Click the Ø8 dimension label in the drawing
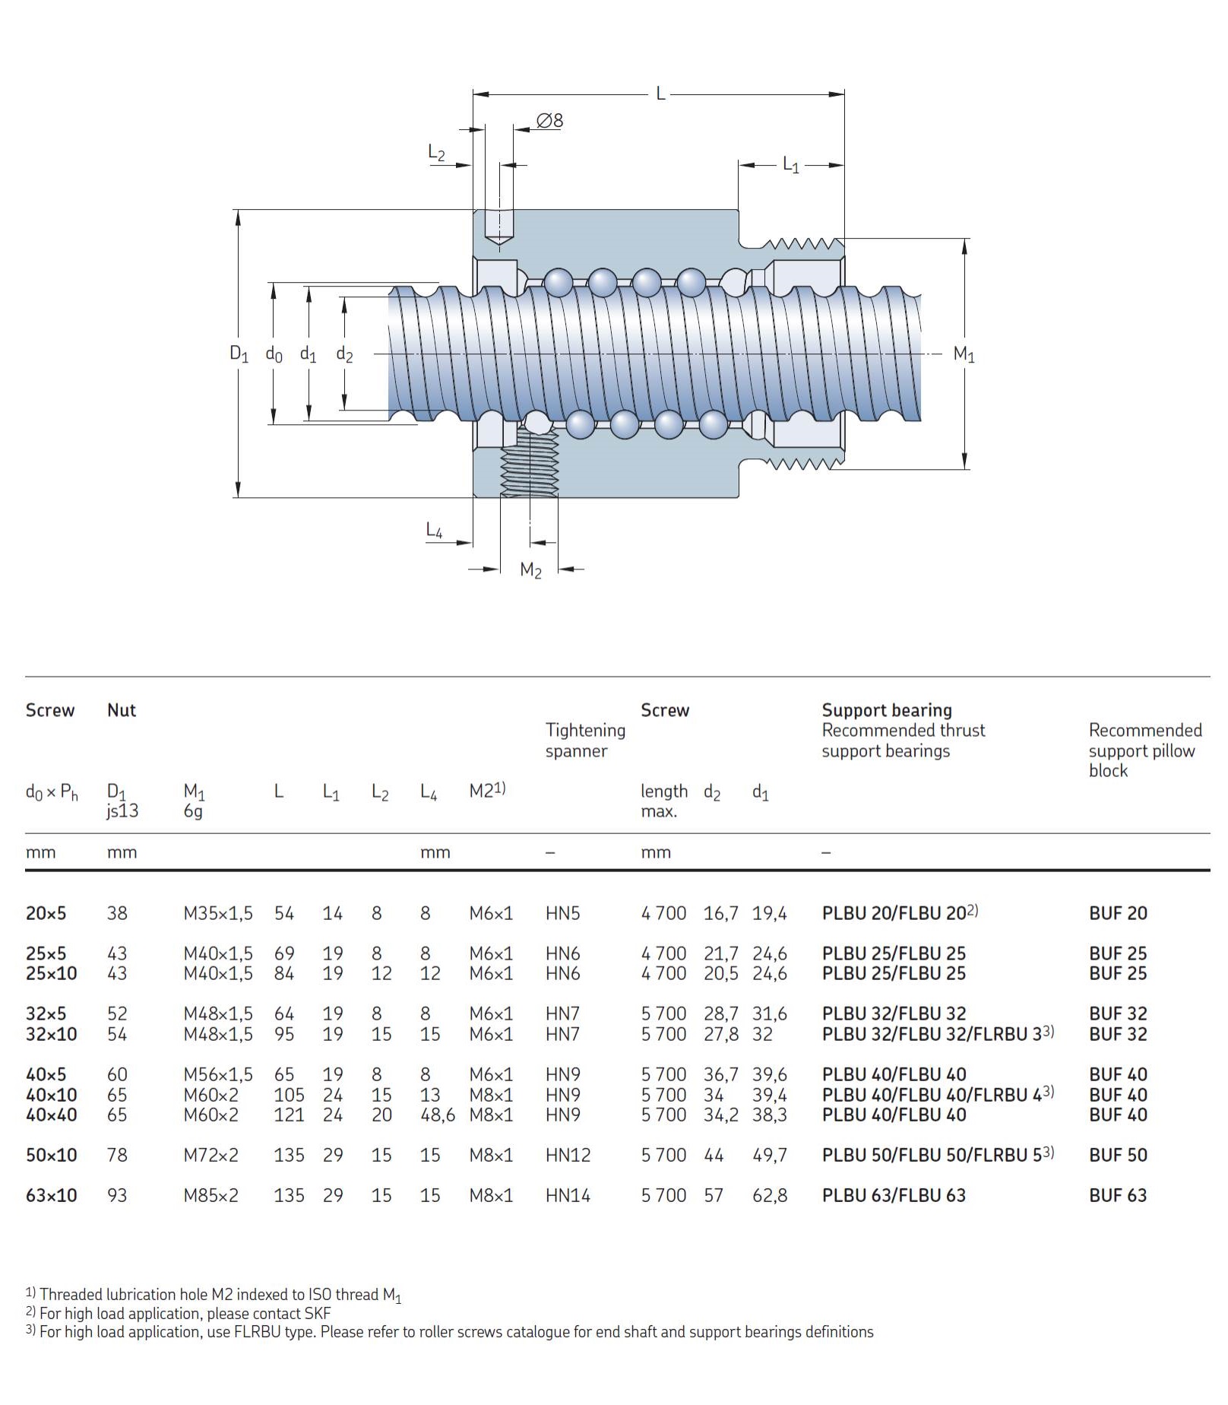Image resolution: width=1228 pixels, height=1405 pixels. click(x=549, y=120)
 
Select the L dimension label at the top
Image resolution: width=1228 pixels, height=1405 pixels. click(x=660, y=94)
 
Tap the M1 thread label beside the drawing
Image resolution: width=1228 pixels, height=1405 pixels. click(x=964, y=354)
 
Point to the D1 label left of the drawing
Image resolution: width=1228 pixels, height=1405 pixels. click(x=239, y=353)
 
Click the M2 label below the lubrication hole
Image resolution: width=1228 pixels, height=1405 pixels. click(x=530, y=569)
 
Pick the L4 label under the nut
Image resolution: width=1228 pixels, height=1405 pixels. click(x=434, y=530)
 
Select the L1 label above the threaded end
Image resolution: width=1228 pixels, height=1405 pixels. click(x=791, y=164)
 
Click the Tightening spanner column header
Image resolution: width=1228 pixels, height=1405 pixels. click(x=585, y=740)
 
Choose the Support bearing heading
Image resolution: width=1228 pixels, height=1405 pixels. click(x=886, y=710)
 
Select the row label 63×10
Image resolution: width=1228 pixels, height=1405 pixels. click(x=51, y=1195)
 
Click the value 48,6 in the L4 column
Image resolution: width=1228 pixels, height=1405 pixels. click(x=437, y=1115)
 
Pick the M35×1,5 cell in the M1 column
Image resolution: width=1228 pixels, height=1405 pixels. click(x=218, y=913)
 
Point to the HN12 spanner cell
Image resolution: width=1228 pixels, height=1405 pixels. click(x=568, y=1155)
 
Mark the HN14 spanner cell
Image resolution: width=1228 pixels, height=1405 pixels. click(x=568, y=1195)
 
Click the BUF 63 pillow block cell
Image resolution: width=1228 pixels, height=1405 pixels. click(x=1118, y=1195)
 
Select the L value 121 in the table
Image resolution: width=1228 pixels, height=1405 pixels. click(x=289, y=1115)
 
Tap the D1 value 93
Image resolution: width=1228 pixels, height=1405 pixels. click(x=117, y=1195)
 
